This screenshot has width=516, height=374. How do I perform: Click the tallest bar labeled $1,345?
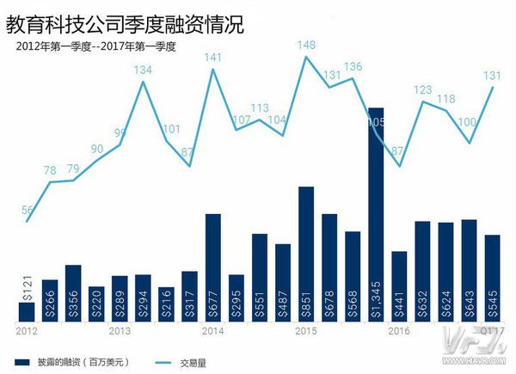pyautogui.click(x=376, y=215)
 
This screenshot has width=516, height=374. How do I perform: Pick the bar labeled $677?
pyautogui.click(x=213, y=267)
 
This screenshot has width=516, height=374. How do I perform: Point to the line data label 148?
pyautogui.click(x=307, y=45)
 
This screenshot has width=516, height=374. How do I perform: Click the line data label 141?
pyautogui.click(x=213, y=58)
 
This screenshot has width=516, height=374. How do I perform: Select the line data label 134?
pyautogui.click(x=143, y=70)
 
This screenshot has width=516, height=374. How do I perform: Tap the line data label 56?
pyautogui.click(x=28, y=210)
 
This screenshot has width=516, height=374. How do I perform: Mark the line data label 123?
pyautogui.click(x=423, y=89)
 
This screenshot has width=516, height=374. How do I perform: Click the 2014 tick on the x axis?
pyautogui.click(x=212, y=330)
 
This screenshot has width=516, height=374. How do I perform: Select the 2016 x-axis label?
pyautogui.click(x=399, y=330)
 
